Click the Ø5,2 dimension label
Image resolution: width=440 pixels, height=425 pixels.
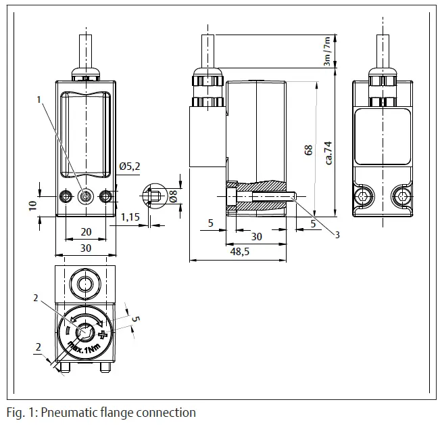(129, 166)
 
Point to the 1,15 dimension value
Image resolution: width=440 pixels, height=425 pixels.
(130, 217)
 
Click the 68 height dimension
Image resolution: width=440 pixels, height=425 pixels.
(309, 150)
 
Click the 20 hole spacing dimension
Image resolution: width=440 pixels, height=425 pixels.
(86, 231)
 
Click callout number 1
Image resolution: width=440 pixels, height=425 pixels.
(40, 99)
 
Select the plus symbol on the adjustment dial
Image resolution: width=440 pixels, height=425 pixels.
(102, 335)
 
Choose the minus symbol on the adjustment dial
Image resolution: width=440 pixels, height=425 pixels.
(68, 330)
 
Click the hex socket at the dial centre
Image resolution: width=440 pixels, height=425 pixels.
(86, 332)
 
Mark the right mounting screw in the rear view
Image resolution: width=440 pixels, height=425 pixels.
(403, 196)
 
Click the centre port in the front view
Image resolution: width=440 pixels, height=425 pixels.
(85, 196)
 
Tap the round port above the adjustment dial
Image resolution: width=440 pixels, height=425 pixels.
(86, 283)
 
